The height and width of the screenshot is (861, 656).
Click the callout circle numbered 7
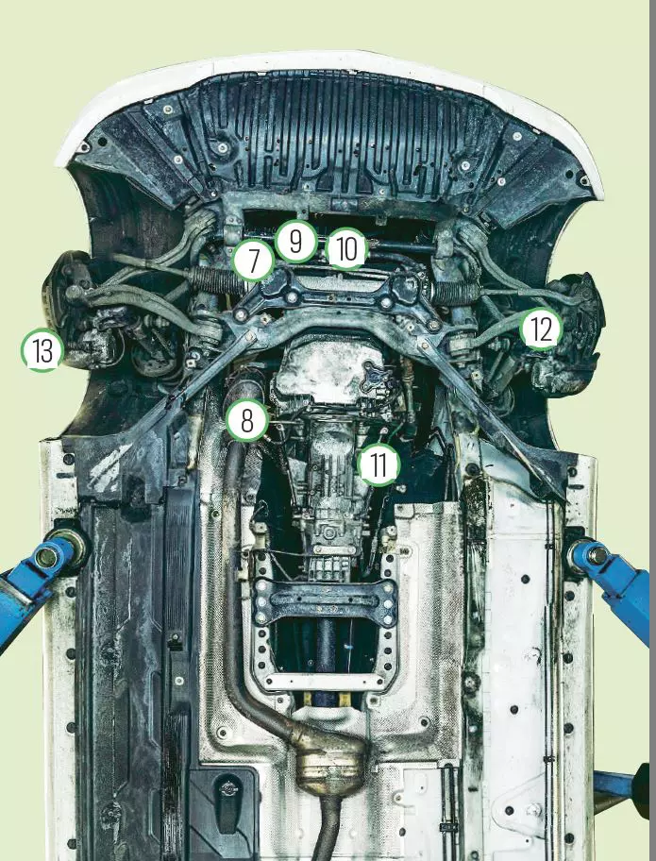pyautogui.click(x=253, y=261)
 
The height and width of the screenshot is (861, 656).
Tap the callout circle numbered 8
pyautogui.click(x=247, y=420)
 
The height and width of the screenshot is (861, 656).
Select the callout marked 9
pyautogui.click(x=296, y=241)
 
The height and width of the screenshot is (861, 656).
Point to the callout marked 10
pyautogui.click(x=347, y=249)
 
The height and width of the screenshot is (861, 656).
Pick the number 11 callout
pyautogui.click(x=378, y=464)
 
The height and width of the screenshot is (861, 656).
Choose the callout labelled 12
pyautogui.click(x=541, y=329)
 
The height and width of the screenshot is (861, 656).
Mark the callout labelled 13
pyautogui.click(x=42, y=351)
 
